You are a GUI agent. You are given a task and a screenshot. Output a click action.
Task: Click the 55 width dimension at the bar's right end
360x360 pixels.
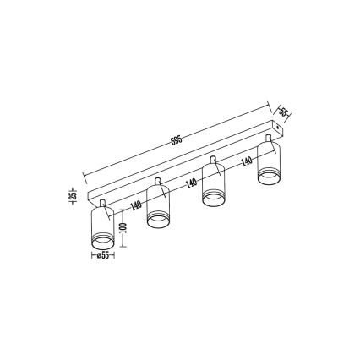tap(285, 111)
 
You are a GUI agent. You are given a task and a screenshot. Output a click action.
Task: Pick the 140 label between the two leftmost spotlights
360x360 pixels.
tap(137, 205)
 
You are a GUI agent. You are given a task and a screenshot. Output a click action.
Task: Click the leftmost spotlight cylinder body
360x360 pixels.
tap(101, 224)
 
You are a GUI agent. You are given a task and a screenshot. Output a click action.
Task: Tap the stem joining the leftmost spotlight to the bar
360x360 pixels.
tap(102, 204)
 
